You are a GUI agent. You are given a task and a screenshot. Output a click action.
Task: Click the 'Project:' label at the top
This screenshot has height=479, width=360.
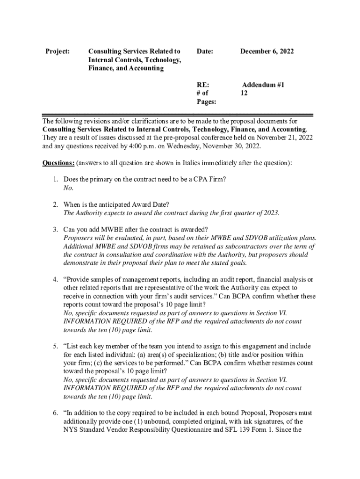[x=57, y=51]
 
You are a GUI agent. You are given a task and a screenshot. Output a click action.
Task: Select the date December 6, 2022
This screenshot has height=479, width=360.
[x=267, y=51]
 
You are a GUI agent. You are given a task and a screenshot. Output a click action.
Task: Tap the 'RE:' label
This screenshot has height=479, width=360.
[x=202, y=85]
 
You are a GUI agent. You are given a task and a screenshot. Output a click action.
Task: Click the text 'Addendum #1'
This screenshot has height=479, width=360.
[x=263, y=85]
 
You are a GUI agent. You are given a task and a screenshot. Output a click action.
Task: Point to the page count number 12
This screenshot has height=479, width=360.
[x=244, y=93]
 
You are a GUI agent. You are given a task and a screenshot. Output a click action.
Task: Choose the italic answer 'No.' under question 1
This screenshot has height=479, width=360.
[x=68, y=188]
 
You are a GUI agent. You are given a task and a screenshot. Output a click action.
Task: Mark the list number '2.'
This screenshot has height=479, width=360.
[x=55, y=204]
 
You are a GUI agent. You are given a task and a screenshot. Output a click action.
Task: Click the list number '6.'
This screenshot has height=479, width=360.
[x=55, y=413]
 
